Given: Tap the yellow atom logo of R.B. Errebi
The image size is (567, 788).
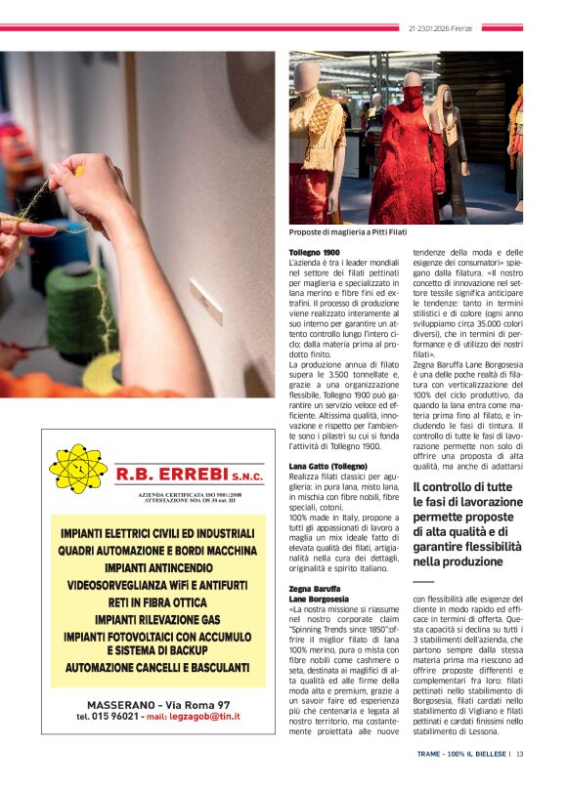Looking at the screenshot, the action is pyautogui.click(x=78, y=469).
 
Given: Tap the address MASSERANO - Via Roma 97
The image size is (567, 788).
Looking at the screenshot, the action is pyautogui.click(x=158, y=704).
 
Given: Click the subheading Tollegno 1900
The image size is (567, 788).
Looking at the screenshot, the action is pyautogui.click(x=315, y=253).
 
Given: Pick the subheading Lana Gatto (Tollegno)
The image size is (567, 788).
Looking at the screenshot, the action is pyautogui.click(x=327, y=466).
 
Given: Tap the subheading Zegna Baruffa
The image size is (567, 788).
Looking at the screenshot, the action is pyautogui.click(x=314, y=589).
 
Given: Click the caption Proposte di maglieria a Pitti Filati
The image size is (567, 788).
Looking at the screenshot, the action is pyautogui.click(x=347, y=232).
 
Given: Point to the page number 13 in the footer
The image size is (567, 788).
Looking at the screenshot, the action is pyautogui.click(x=520, y=753).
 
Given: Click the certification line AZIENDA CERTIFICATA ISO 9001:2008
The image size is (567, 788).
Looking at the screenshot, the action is pyautogui.click(x=189, y=495).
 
